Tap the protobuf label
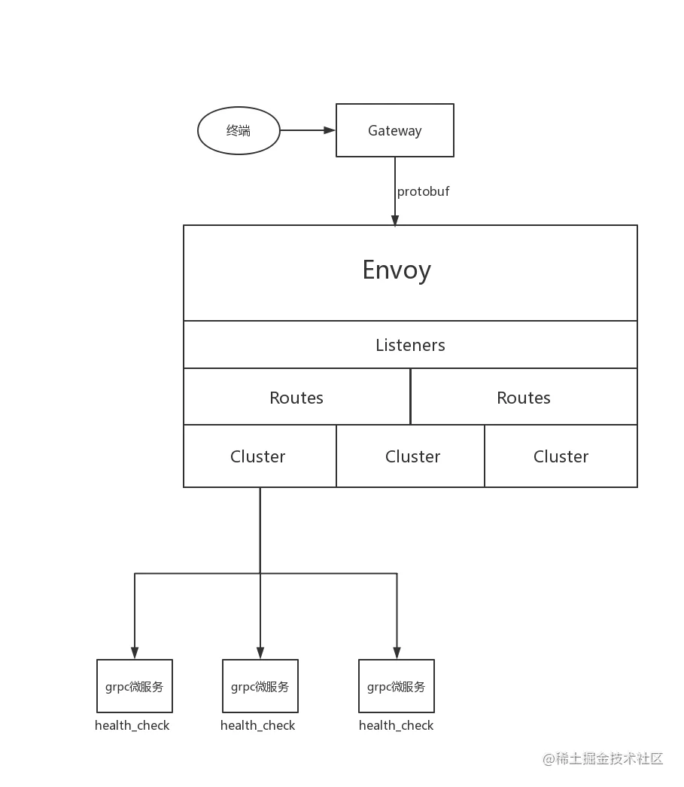click(423, 192)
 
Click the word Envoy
click(397, 270)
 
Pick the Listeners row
click(410, 345)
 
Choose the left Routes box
click(297, 397)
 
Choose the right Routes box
click(524, 397)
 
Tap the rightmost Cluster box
click(561, 456)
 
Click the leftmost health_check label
click(132, 726)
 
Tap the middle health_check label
click(258, 726)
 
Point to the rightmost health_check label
click(396, 726)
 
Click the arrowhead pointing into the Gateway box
click(330, 130)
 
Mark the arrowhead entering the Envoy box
click(395, 220)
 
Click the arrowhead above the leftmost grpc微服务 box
click(135, 652)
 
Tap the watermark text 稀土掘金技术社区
click(610, 758)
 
